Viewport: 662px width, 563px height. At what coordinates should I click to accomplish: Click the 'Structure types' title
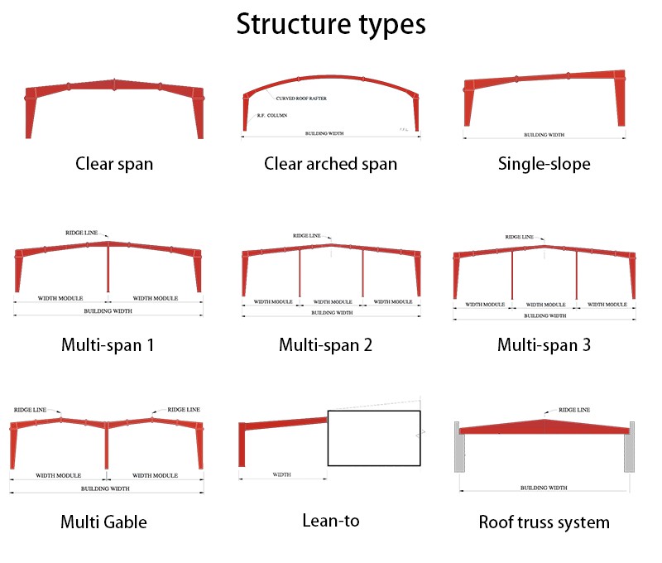331,23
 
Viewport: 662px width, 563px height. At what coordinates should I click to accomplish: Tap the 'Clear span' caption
114,163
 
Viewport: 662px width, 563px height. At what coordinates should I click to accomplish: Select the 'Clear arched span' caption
330,163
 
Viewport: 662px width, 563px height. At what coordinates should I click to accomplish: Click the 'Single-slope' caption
544,163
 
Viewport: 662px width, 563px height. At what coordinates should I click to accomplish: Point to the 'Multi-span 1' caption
108,344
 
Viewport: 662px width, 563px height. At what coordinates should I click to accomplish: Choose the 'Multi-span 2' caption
325,344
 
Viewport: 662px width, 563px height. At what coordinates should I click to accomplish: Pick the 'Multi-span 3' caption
544,344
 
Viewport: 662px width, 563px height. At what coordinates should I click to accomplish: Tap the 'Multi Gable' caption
103,522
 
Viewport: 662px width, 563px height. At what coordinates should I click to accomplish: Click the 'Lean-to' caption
330,520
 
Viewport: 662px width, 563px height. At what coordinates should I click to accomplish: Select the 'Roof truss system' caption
544,522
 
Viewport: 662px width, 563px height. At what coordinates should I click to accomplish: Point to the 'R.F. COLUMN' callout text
272,115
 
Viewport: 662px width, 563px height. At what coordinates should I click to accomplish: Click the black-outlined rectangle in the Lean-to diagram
374,438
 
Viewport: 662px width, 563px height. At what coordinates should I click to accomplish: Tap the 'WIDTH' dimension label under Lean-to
281,474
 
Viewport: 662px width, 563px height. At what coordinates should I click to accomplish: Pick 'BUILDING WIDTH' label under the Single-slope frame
544,134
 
